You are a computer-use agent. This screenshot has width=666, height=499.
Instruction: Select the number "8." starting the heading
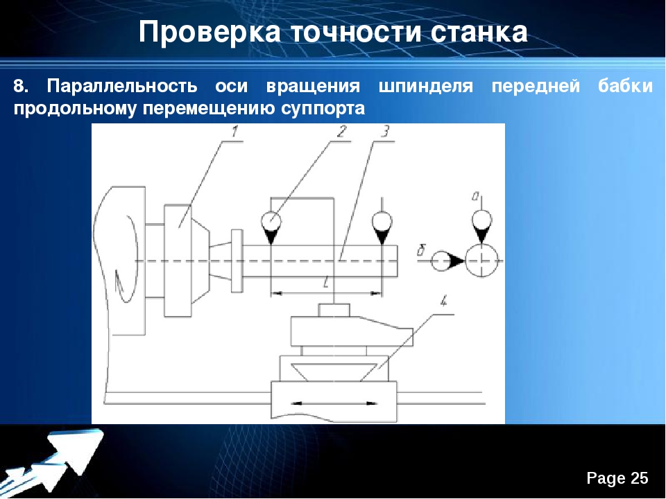[x=22, y=86]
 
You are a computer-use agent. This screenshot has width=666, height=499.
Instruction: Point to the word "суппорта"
[x=323, y=109]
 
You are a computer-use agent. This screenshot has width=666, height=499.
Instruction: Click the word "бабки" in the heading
[x=625, y=86]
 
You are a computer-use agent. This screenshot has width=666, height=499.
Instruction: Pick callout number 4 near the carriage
[x=443, y=302]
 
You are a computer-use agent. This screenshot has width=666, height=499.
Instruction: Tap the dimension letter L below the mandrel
[x=326, y=282]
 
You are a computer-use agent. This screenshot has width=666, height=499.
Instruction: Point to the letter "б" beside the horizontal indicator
[x=420, y=251]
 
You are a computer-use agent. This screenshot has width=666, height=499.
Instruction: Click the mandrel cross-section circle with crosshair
[x=481, y=260]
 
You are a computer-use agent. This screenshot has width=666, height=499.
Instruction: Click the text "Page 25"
[x=617, y=478]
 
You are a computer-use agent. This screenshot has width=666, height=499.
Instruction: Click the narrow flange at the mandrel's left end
[x=237, y=261]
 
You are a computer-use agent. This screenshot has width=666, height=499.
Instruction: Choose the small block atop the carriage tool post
[x=334, y=310]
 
